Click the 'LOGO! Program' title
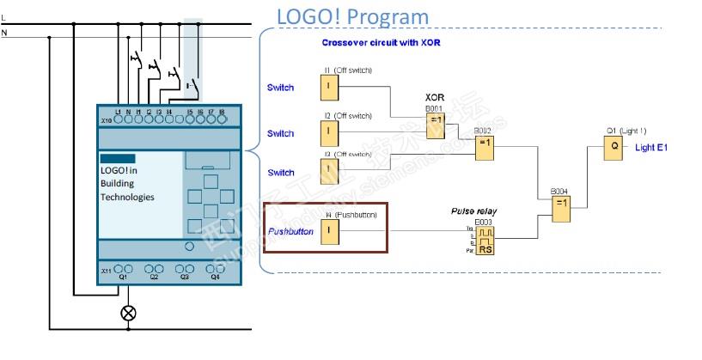352,17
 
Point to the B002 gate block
485,147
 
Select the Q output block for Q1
614,147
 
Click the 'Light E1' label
651,148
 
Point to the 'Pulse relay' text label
474,211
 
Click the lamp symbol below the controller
128,312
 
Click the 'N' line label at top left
4,33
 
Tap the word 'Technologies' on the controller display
127,197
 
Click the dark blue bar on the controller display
118,158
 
